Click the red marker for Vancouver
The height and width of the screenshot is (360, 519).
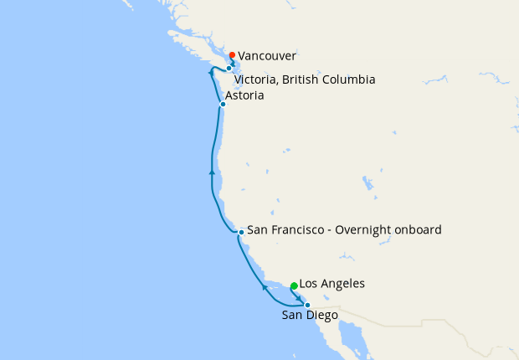[x=232, y=55]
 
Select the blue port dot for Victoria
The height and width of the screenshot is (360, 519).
[x=229, y=69]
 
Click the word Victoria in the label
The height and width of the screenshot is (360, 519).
[x=253, y=80]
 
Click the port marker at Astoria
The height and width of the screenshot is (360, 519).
[x=223, y=105]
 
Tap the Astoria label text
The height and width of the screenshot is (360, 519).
[x=244, y=96]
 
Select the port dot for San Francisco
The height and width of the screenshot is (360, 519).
[x=241, y=232]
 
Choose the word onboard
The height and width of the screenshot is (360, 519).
[x=418, y=229]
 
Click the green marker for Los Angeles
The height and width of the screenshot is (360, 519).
[x=294, y=286]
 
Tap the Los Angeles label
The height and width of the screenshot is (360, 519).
[x=331, y=284]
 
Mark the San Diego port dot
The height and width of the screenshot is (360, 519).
[x=307, y=306]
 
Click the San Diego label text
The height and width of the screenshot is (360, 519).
[x=310, y=316]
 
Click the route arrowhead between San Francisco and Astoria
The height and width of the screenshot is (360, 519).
[x=213, y=172]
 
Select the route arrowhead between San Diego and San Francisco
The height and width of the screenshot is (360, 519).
[x=265, y=287]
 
